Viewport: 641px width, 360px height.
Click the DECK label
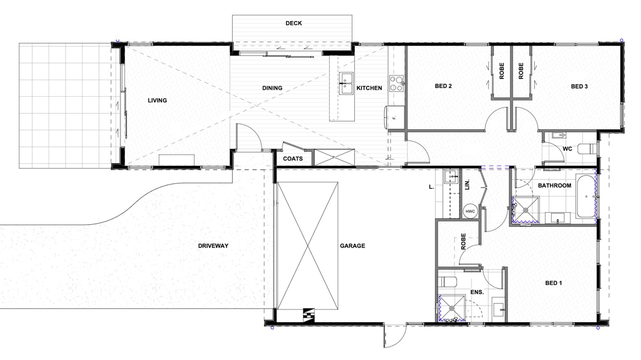[x=294, y=23]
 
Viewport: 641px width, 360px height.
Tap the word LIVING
[x=157, y=101]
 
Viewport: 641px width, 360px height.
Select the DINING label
[x=272, y=88]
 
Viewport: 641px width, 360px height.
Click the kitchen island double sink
[x=346, y=83]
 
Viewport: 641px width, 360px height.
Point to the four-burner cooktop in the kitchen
[x=396, y=83]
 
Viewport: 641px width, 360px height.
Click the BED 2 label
[x=443, y=86]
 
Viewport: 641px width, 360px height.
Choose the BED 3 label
[x=579, y=86]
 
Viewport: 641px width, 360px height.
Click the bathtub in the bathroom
[x=586, y=196]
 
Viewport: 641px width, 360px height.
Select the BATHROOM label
[x=554, y=185]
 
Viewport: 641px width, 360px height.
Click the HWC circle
[x=470, y=211]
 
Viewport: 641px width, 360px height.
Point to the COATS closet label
[x=293, y=159]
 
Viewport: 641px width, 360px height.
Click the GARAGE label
[x=353, y=246]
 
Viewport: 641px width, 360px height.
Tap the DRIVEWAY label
[x=213, y=246]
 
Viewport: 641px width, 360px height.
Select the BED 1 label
[x=554, y=283]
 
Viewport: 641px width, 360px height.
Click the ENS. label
[x=477, y=292]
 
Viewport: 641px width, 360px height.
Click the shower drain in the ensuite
[x=452, y=308]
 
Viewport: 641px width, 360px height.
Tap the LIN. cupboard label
[x=467, y=185]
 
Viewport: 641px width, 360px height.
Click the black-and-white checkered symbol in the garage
[x=309, y=315]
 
